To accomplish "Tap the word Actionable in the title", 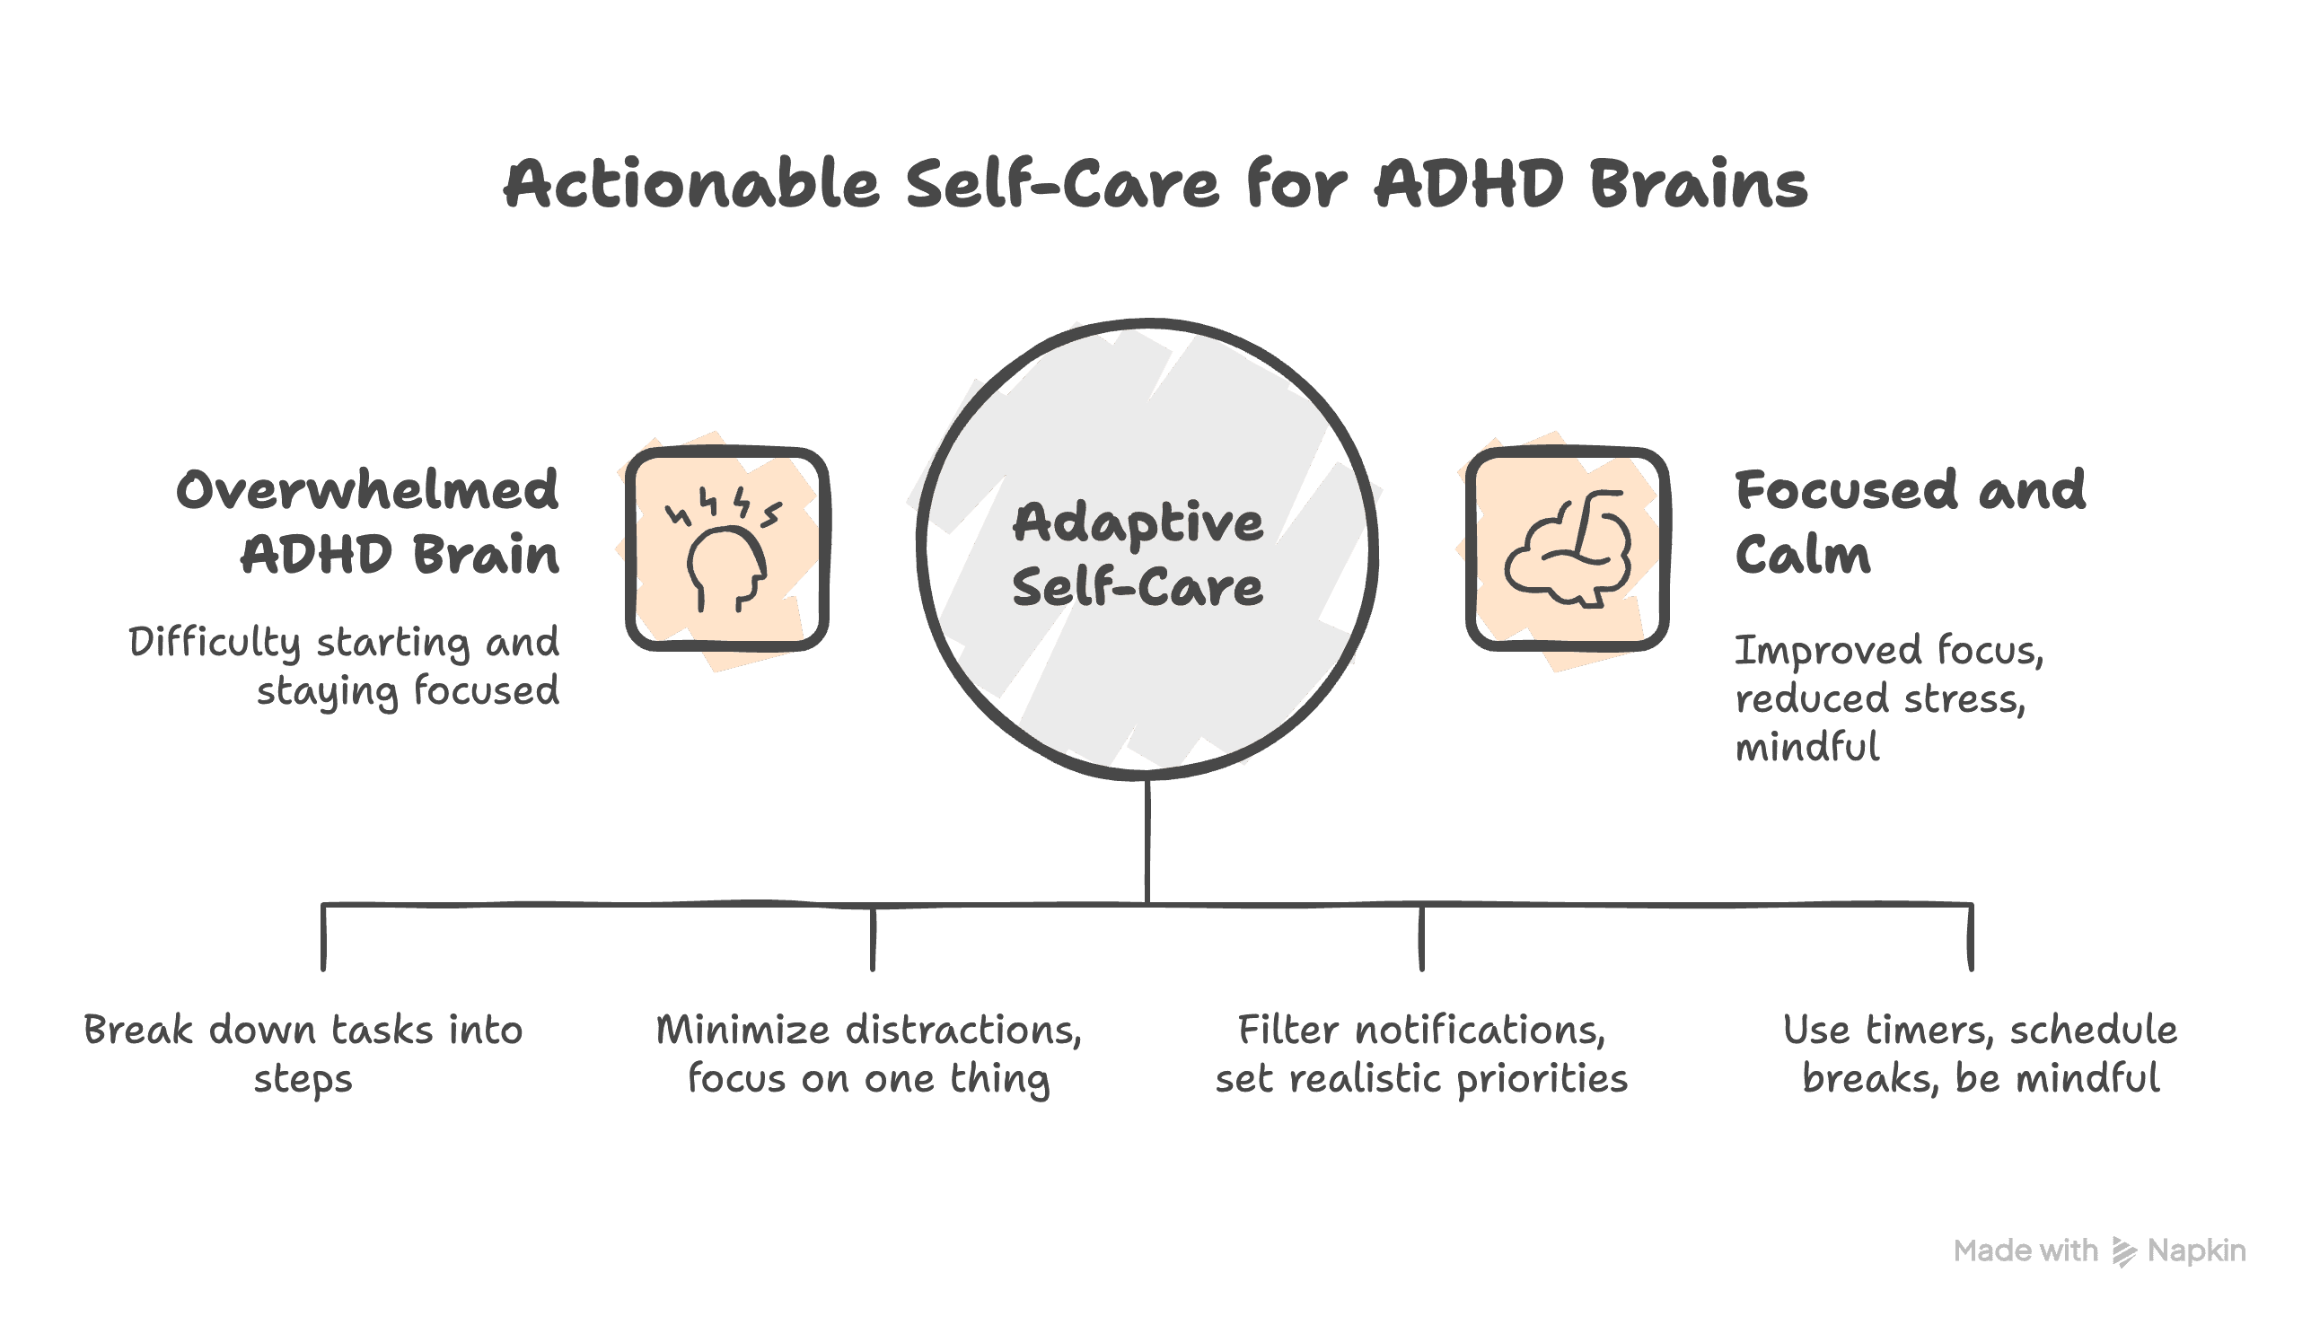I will coord(691,185).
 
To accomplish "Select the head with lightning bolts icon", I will coord(726,549).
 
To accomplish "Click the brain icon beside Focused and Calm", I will coord(1567,549).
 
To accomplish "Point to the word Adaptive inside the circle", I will coord(1138,524).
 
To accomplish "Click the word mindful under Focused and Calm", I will coord(1806,748).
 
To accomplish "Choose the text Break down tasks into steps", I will coord(303,1054).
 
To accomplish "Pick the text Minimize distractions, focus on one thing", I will coord(869,1054).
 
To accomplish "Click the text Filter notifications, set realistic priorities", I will coord(1421,1054).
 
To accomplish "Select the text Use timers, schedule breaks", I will coord(1980,1054).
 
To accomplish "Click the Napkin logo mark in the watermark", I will coord(2122,1252).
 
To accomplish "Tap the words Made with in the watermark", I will coord(2025,1251).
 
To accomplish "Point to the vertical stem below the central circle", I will coord(1147,842).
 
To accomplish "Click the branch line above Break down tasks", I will coord(323,937).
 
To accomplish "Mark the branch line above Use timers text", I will coord(1971,937).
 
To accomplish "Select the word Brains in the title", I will coord(1699,185).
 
